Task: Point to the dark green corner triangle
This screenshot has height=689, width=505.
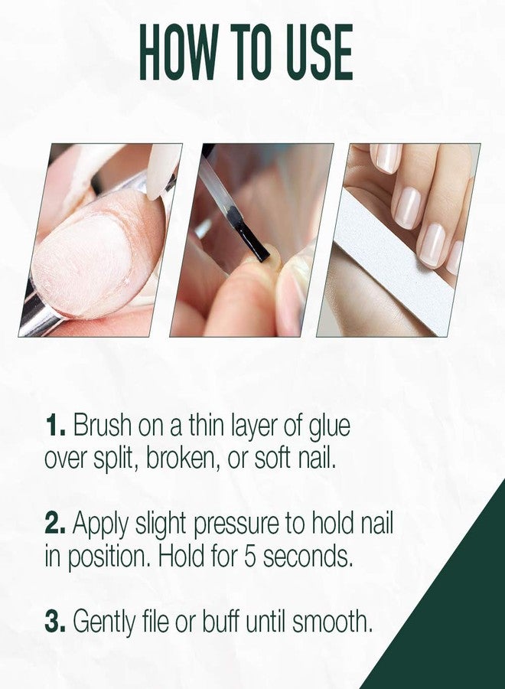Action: [451, 612]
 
